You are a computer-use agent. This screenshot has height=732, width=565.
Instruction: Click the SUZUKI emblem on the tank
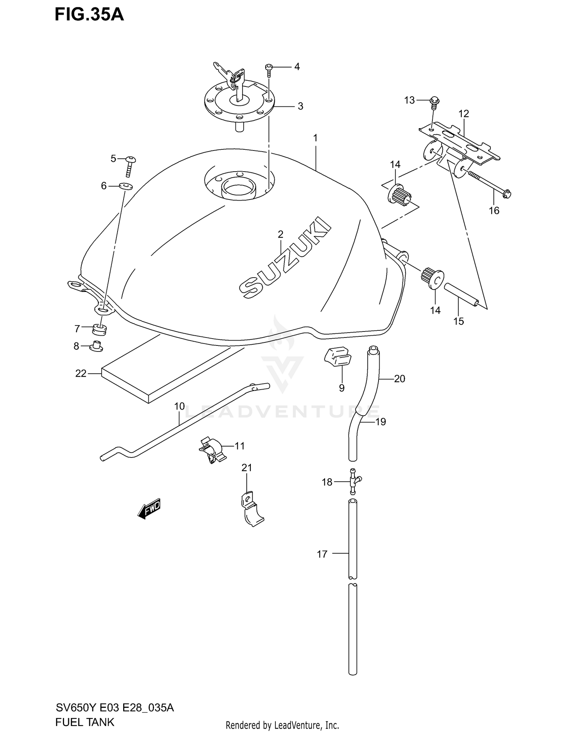tap(285, 258)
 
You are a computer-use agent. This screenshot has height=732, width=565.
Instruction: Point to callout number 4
tap(297, 67)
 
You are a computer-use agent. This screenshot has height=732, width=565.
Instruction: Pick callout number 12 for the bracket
tap(464, 114)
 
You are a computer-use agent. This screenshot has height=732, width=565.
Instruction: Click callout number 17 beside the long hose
tap(322, 554)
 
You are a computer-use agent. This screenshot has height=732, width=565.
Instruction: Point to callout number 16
tap(494, 210)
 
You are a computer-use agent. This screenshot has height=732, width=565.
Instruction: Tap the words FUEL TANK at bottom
tap(84, 722)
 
